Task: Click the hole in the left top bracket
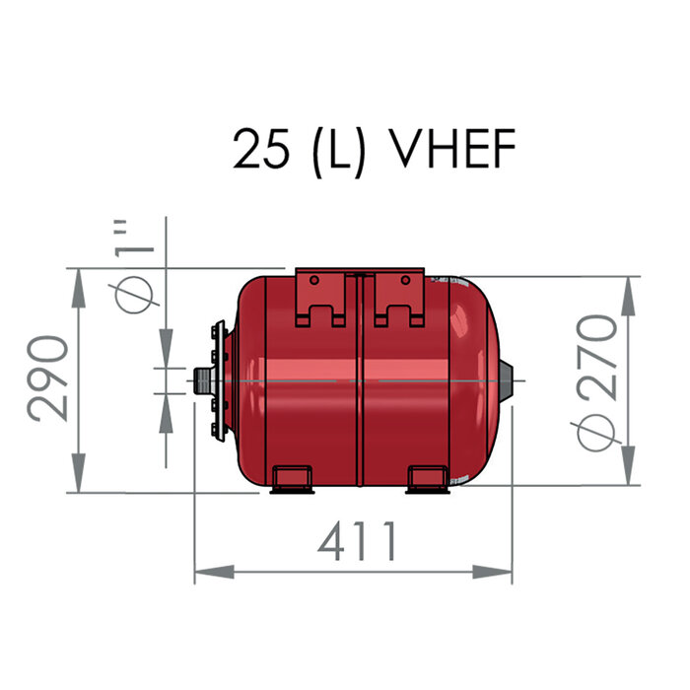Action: (x=313, y=280)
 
